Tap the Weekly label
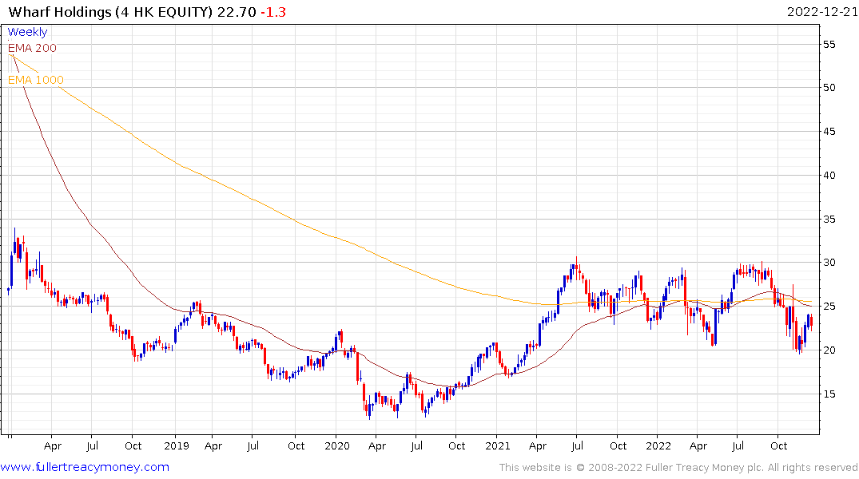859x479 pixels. (27, 32)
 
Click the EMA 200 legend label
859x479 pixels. (32, 48)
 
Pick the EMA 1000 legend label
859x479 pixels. (36, 80)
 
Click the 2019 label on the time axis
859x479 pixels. (174, 445)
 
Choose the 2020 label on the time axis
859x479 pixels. (336, 445)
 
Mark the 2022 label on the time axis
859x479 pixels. (658, 445)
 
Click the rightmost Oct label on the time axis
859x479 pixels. (779, 445)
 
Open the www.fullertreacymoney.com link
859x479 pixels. (85, 467)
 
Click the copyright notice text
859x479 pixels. (678, 467)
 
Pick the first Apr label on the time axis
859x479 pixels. (53, 445)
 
